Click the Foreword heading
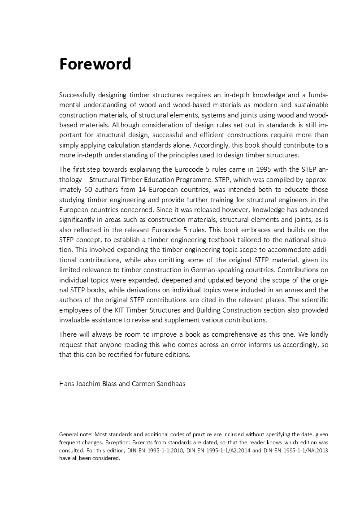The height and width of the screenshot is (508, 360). pos(95,64)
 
